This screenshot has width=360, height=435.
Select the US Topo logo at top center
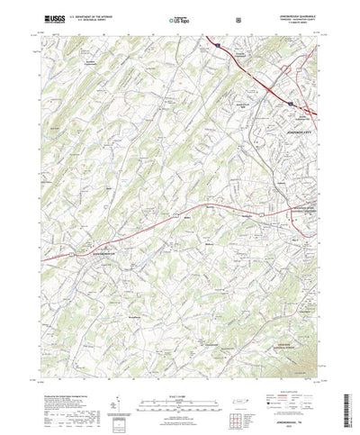177,18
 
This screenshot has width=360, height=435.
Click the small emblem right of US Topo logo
211,18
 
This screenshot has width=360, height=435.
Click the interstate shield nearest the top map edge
218,41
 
